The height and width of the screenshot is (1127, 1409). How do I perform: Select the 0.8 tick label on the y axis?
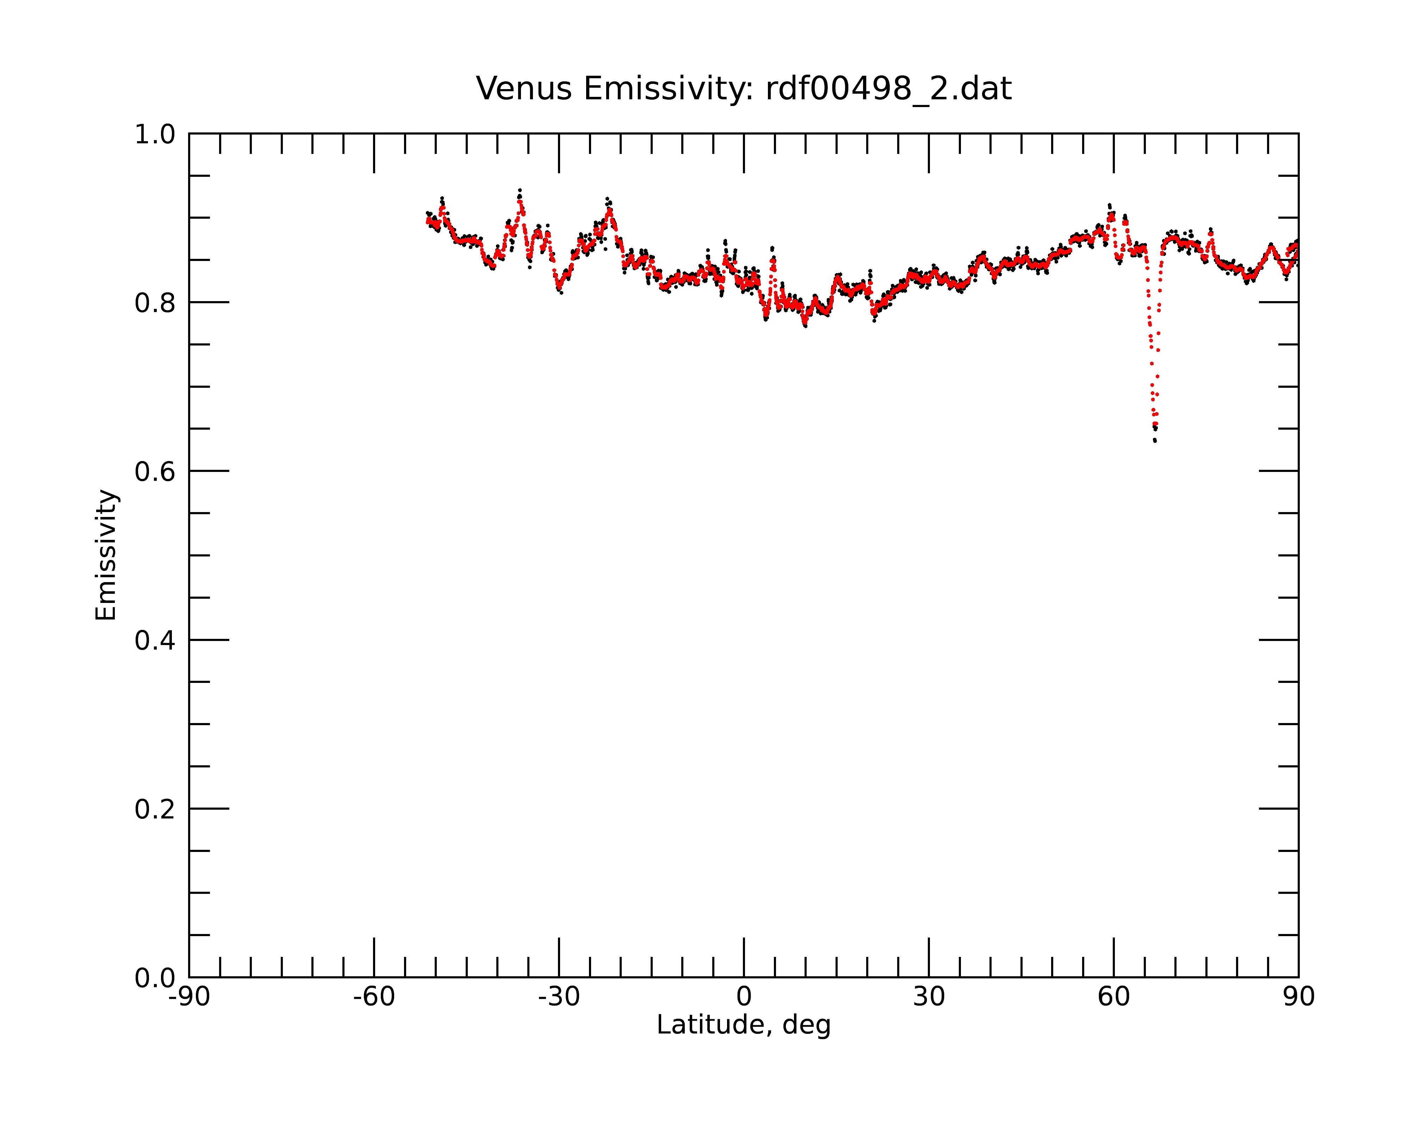click(155, 303)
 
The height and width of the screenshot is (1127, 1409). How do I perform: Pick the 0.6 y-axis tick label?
click(155, 472)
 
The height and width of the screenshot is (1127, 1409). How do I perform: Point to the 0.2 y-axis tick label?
click(155, 809)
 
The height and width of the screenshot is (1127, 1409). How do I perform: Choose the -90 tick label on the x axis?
click(189, 997)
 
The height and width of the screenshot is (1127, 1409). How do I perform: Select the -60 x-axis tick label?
click(374, 997)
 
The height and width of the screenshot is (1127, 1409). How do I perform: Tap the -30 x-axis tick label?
click(559, 997)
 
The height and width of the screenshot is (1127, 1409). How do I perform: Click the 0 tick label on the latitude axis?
click(744, 997)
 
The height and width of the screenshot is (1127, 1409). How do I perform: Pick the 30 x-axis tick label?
click(929, 997)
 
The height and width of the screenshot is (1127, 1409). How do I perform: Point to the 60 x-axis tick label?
click(1113, 997)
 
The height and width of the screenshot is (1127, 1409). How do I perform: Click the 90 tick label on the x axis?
click(1298, 997)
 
